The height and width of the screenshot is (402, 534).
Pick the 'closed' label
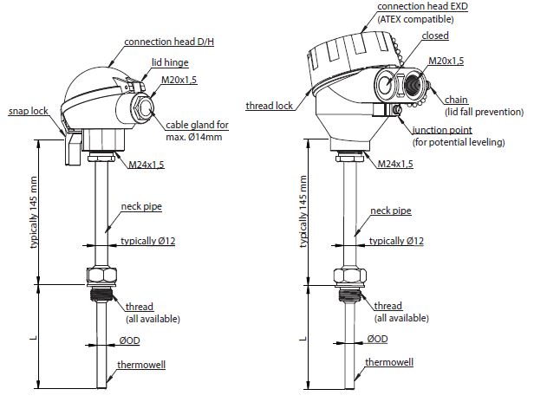pyautogui.click(x=435, y=36)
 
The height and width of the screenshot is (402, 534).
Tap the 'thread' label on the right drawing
pyautogui.click(x=387, y=306)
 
